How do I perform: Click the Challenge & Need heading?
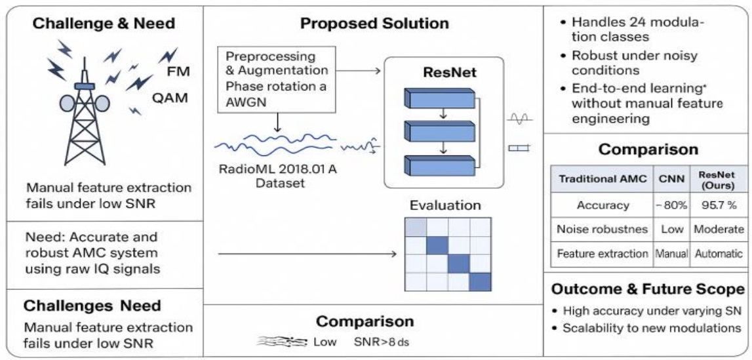104,24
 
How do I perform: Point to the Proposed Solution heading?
374,24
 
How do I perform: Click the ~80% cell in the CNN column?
669,205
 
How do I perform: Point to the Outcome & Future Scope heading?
648,289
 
